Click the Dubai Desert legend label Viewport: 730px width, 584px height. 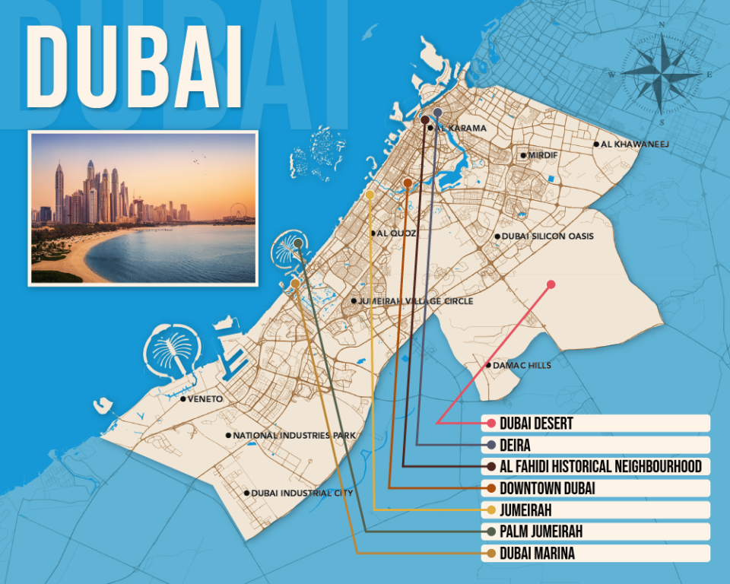(x=536, y=423)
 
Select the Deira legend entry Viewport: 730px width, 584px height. (x=516, y=445)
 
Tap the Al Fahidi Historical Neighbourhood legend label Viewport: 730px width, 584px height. (x=600, y=466)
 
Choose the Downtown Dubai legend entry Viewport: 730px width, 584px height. (x=547, y=488)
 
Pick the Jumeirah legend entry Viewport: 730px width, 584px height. (x=525, y=509)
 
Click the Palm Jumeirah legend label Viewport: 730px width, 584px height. (x=541, y=532)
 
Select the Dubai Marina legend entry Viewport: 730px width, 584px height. (x=537, y=554)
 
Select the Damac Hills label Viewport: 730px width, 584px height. (x=522, y=365)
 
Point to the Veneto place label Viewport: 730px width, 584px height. (x=205, y=398)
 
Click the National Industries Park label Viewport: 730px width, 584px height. (x=294, y=436)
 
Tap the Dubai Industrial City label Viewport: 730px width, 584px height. (x=302, y=493)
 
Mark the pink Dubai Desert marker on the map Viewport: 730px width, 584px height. (x=551, y=284)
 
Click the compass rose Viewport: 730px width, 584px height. (x=662, y=74)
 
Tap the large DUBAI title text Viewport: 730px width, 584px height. (x=135, y=68)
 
